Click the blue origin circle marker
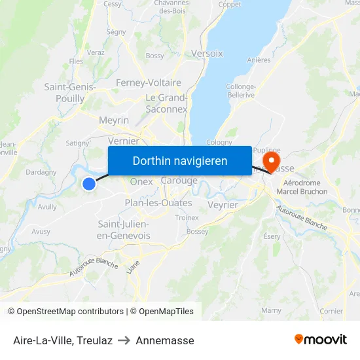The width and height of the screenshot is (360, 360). (89, 185)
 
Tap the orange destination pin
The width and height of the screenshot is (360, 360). (270, 161)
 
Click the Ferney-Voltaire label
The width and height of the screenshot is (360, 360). (148, 83)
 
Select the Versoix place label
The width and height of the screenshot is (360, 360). (207, 53)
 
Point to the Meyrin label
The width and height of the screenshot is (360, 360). (114, 120)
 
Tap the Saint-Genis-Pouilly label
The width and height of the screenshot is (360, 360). (69, 92)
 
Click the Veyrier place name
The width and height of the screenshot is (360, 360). (223, 205)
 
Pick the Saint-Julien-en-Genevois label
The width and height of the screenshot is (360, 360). (123, 230)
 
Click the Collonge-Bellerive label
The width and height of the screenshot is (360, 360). (240, 90)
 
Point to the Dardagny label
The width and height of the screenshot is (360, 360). (41, 173)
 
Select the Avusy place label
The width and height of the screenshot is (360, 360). (41, 231)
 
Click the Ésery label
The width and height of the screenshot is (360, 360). (272, 236)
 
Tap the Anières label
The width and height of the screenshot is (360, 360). (259, 60)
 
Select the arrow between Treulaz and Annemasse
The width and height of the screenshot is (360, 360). (124, 340)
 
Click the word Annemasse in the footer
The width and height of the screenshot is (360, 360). (165, 340)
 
